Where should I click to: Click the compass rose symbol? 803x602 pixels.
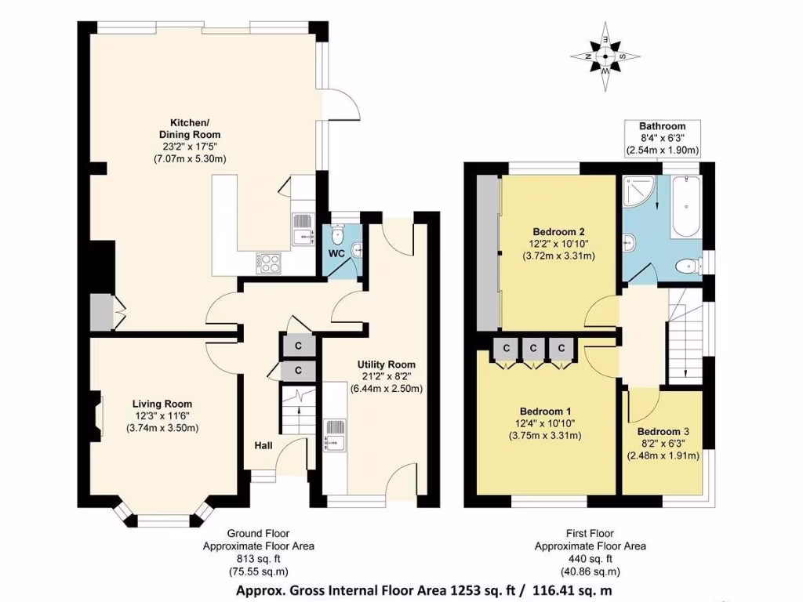tap(605, 57)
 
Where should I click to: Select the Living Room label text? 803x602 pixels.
tap(162, 404)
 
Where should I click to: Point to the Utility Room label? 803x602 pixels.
tap(386, 364)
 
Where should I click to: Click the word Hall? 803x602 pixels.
tap(263, 445)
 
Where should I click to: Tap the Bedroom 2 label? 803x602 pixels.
tap(558, 231)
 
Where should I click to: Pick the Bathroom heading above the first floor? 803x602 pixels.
tap(662, 126)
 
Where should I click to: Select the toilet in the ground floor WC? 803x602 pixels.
tap(338, 234)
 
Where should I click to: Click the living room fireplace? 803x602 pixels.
tap(96, 413)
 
